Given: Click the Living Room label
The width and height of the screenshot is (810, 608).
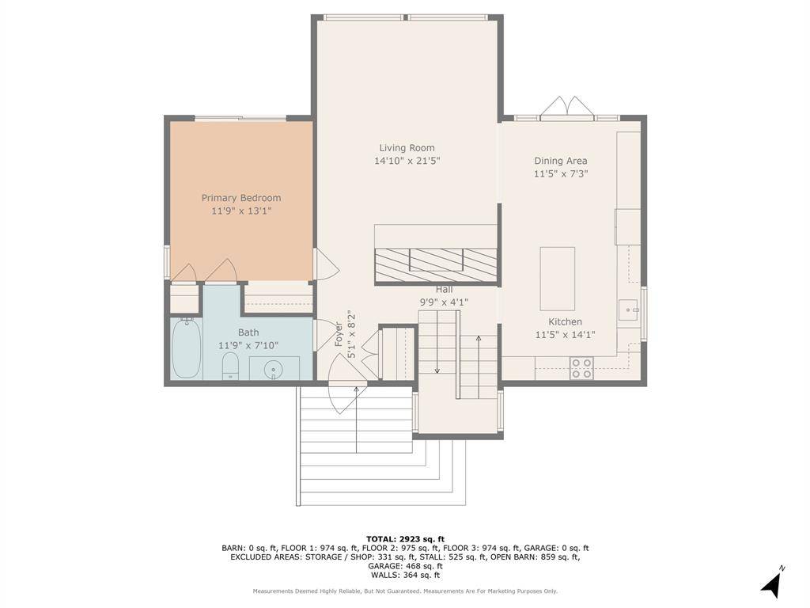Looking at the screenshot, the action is pyautogui.click(x=407, y=148).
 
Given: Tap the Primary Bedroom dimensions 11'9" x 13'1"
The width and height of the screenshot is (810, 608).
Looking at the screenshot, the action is pyautogui.click(x=241, y=211).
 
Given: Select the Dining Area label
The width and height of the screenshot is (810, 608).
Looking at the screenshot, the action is pyautogui.click(x=561, y=161).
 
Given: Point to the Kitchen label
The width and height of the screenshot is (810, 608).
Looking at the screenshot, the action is pyautogui.click(x=565, y=321).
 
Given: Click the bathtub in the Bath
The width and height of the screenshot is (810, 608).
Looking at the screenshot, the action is pyautogui.click(x=187, y=348).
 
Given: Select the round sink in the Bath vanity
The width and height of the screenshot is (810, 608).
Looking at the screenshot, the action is pyautogui.click(x=273, y=370).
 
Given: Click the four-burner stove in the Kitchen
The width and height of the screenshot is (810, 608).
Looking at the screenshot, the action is pyautogui.click(x=581, y=367).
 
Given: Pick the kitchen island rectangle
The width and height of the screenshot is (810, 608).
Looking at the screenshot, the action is pyautogui.click(x=558, y=279).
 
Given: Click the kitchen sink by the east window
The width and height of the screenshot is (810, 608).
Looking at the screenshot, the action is pyautogui.click(x=629, y=310).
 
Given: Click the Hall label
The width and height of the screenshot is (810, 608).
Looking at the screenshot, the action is pyautogui.click(x=444, y=290).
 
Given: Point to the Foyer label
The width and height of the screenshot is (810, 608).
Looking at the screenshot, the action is pyautogui.click(x=339, y=334).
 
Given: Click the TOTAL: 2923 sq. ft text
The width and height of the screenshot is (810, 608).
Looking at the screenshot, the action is pyautogui.click(x=405, y=538).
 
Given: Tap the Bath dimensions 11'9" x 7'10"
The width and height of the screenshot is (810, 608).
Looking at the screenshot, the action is pyautogui.click(x=248, y=345).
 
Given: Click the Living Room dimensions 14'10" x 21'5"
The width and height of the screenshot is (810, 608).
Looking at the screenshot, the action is pyautogui.click(x=407, y=161).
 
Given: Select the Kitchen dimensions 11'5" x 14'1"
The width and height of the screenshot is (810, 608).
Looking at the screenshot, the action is pyautogui.click(x=565, y=335).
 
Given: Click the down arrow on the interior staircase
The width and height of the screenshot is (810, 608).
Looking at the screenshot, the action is pyautogui.click(x=437, y=342).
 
